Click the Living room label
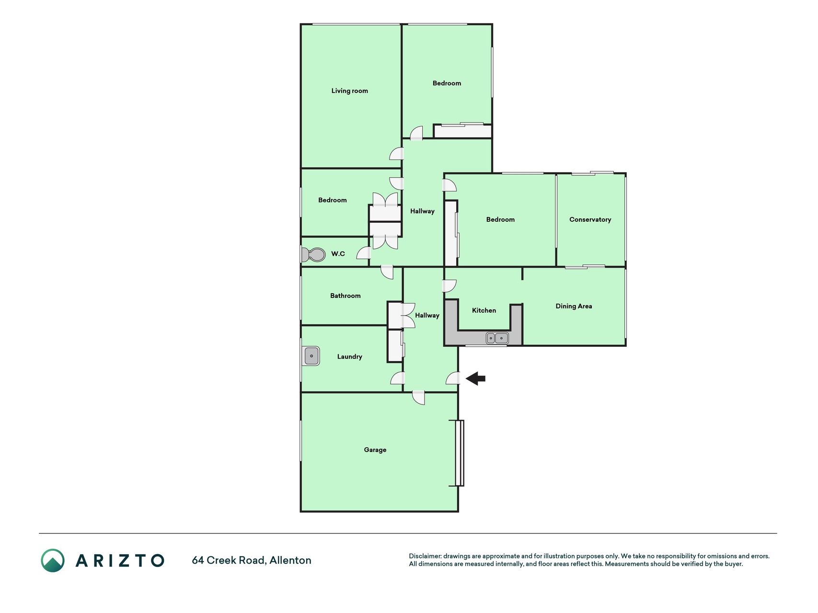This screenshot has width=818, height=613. (x=349, y=91)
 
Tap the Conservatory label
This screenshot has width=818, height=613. (x=590, y=220)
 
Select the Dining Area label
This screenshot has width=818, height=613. (x=574, y=306)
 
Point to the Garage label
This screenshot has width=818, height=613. (x=375, y=450)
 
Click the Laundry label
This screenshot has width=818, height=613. (x=349, y=357)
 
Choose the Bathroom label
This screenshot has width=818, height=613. (x=345, y=296)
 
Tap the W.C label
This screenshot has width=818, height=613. (x=338, y=254)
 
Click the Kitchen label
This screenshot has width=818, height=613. (x=484, y=310)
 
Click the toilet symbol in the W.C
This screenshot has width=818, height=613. (x=312, y=254)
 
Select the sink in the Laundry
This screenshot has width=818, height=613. (x=312, y=356)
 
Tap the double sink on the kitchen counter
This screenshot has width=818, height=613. (x=497, y=338)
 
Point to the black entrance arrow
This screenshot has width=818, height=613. (x=475, y=379)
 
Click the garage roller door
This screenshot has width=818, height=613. (x=460, y=453)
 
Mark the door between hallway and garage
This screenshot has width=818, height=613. (x=418, y=397)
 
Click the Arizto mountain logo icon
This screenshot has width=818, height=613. (x=53, y=561)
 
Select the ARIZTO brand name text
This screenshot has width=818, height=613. (x=120, y=561)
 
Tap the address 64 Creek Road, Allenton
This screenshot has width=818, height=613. (x=252, y=560)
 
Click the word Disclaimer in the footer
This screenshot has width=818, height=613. (x=425, y=556)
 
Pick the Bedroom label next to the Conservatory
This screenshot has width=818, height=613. (x=500, y=220)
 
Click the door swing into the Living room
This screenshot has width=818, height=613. (x=396, y=153)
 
